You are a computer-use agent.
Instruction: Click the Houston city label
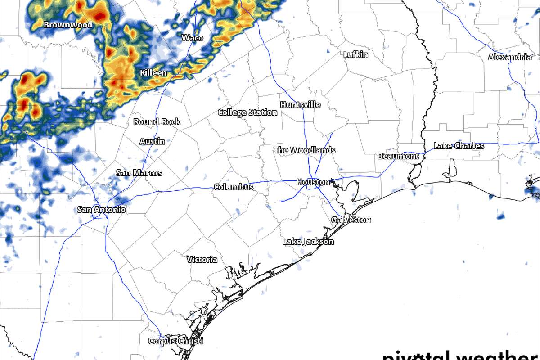tap(313, 182)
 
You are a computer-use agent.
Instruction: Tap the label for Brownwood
tap(68, 25)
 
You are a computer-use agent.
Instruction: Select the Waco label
tap(192, 38)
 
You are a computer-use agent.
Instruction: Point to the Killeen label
tap(153, 73)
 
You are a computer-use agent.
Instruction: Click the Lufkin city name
tap(355, 54)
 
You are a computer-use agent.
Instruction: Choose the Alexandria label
tap(510, 57)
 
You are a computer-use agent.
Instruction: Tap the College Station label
tap(247, 112)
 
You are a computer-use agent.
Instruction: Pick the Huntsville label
tap(301, 105)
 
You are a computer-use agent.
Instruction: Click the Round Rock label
tap(157, 122)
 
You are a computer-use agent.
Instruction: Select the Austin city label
tap(152, 141)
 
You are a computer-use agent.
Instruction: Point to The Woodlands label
tap(305, 150)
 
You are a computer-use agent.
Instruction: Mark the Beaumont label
tap(398, 157)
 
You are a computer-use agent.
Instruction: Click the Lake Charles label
tap(459, 146)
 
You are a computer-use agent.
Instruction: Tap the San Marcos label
tap(139, 173)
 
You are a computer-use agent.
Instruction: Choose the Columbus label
tap(234, 187)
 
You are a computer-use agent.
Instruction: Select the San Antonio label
tap(102, 210)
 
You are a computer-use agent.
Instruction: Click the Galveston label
tap(351, 220)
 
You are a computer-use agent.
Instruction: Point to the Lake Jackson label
tap(308, 242)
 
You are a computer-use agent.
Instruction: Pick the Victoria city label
tap(202, 260)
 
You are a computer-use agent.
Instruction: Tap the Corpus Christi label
tap(176, 341)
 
